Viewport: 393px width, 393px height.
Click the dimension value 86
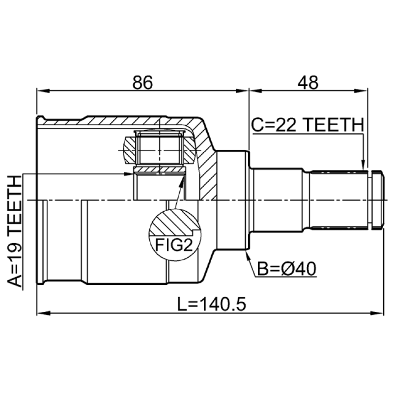tap(142, 83)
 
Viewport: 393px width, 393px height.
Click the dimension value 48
tap(308, 83)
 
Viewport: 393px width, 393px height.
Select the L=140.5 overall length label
tap(212, 304)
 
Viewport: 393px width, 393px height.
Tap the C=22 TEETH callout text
tap(308, 125)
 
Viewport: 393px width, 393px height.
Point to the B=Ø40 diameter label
tap(287, 269)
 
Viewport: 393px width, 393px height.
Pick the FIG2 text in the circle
tap(174, 245)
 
